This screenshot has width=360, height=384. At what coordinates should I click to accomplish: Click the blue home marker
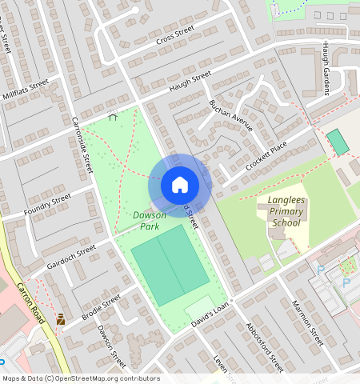click(180, 186)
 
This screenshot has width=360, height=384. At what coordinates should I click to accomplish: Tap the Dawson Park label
click(150, 222)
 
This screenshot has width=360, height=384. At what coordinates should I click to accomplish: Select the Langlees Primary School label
click(286, 214)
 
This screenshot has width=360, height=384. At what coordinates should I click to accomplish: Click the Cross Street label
click(175, 35)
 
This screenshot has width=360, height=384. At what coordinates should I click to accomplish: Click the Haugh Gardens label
click(326, 68)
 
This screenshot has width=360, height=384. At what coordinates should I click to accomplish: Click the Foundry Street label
click(49, 205)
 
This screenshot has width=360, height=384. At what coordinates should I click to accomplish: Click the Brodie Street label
click(101, 309)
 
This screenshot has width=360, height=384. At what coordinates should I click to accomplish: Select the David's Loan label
click(210, 315)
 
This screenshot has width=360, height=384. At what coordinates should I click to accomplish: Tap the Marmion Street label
click(306, 324)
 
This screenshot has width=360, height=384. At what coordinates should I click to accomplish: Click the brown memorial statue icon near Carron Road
click(60, 319)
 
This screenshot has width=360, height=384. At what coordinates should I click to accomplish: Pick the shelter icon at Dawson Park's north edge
click(112, 116)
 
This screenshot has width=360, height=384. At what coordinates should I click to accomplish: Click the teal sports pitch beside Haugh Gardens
click(338, 142)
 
